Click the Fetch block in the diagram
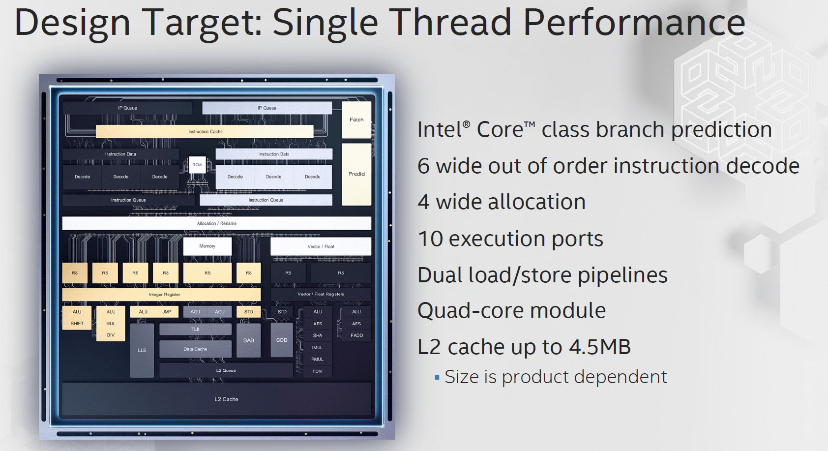[356, 120]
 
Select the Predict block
[356, 174]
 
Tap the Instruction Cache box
[205, 132]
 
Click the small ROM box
[197, 165]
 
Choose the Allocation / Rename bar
[216, 223]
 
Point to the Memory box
[207, 246]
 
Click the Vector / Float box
[321, 246]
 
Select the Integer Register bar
[161, 295]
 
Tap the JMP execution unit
[167, 312]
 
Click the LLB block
[142, 350]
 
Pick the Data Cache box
[195, 349]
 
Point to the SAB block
[249, 340]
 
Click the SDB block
[282, 340]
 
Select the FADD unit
[356, 335]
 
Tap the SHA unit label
[318, 335]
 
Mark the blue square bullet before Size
[437, 378]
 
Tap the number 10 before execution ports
[430, 239]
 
